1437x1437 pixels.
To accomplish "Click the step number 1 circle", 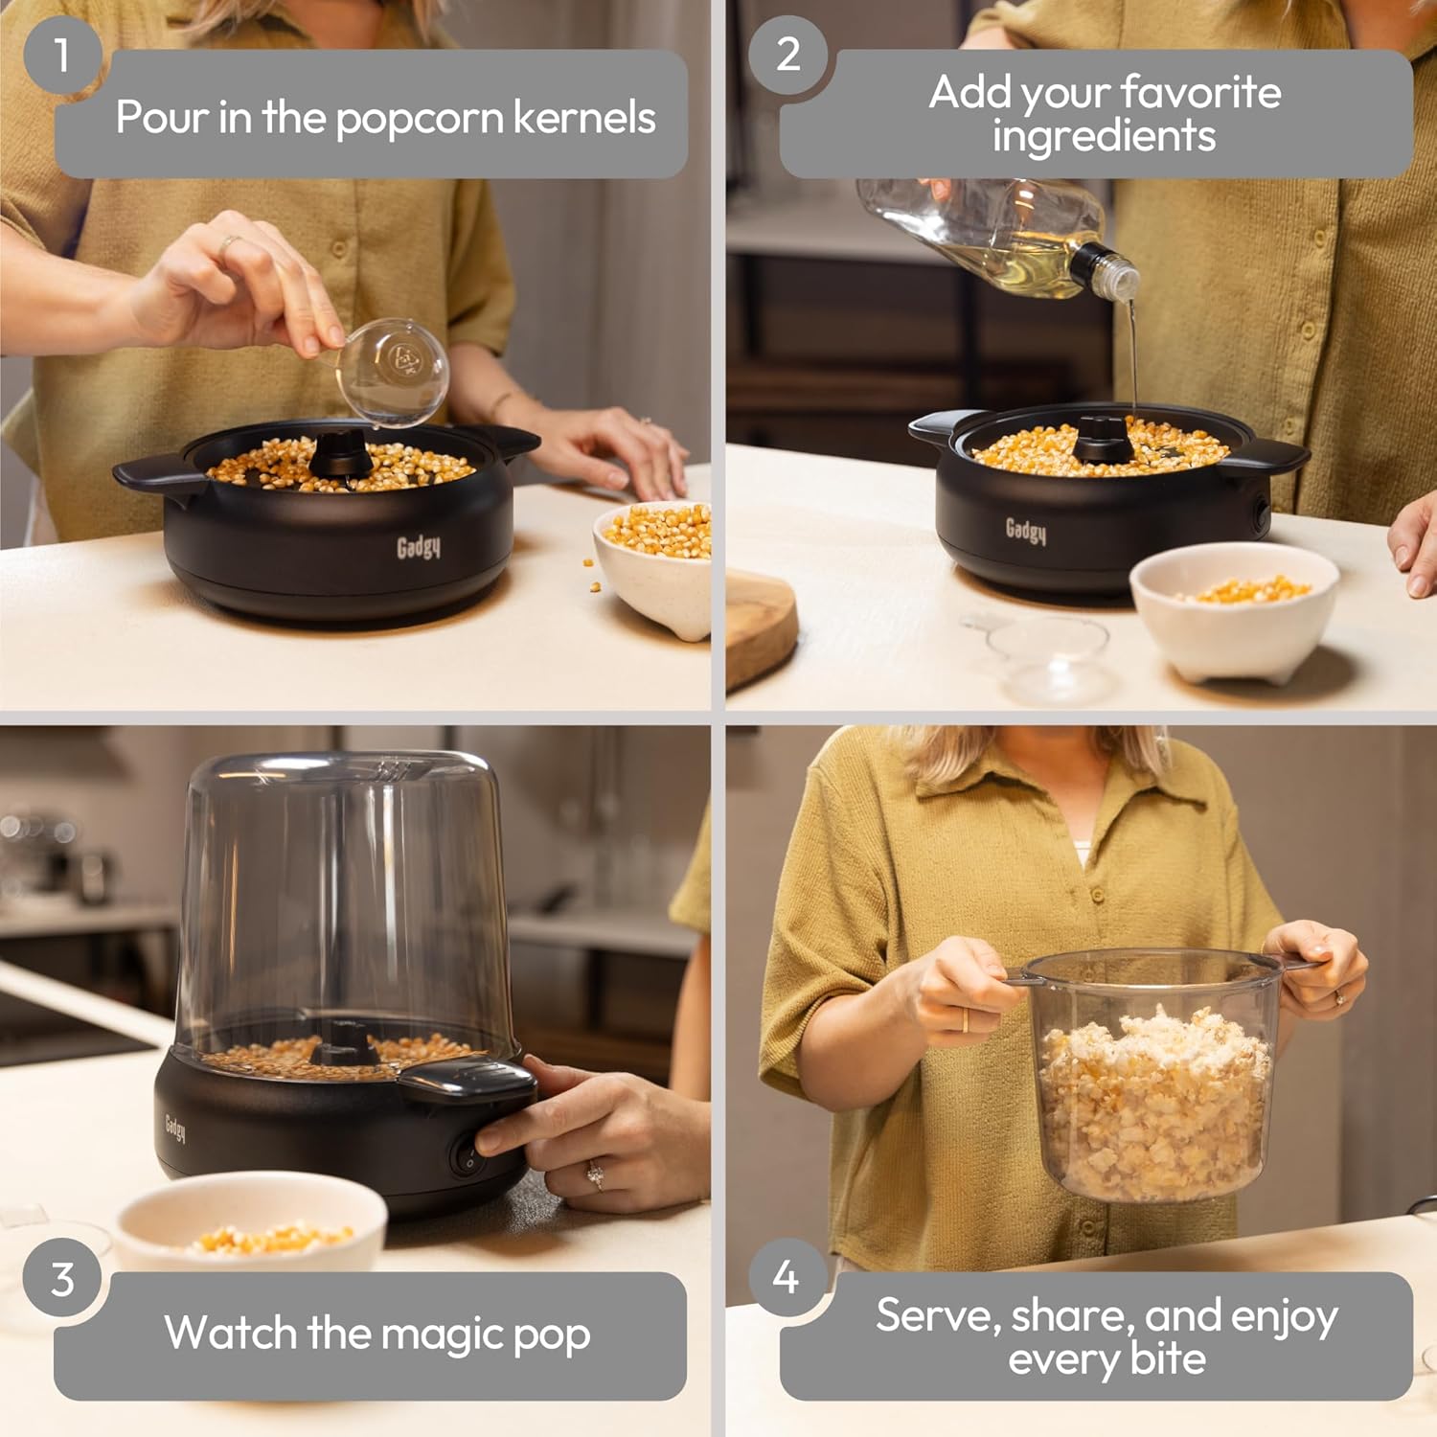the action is coord(62,55).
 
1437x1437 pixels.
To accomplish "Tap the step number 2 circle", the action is coord(787,55).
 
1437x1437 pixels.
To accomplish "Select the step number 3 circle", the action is coord(62,1280).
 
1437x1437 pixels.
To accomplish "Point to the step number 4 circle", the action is coord(787,1277).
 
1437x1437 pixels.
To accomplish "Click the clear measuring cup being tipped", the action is coord(393,369).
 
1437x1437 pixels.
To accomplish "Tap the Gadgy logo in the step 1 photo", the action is coord(419,547).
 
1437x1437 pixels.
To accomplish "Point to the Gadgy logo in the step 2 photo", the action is coord(1026,530).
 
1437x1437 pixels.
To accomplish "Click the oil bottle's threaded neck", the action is coord(1116,271).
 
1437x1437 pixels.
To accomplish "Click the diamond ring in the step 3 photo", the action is coord(595,1175).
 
